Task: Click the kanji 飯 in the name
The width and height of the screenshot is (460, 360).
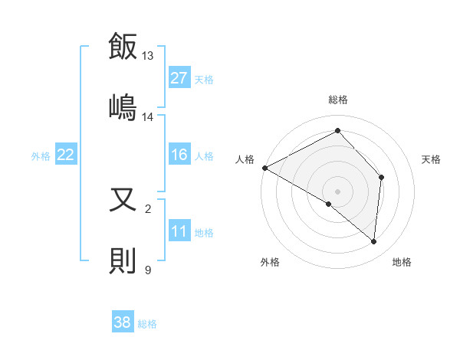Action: [x=123, y=47]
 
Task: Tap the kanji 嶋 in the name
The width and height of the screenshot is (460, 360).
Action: [x=123, y=105]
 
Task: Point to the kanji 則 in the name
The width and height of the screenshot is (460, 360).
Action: [x=123, y=260]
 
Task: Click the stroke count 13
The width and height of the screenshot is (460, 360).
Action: [x=148, y=56]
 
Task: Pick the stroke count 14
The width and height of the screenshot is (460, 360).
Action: [x=148, y=116]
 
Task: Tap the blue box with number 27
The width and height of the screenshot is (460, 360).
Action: [x=179, y=78]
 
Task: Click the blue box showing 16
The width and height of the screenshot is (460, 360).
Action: [x=179, y=155]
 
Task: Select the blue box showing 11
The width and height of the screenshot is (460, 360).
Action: [x=179, y=231]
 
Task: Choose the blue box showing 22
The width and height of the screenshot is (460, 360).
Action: [x=65, y=155]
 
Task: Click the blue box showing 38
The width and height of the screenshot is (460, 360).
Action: [x=122, y=322]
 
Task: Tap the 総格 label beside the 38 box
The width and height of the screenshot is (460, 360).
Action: [x=147, y=324]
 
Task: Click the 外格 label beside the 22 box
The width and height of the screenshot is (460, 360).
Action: [x=41, y=155]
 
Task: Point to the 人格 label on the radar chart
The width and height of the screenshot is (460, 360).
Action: [x=245, y=159]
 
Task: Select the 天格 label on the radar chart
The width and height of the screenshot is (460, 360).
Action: [x=432, y=159]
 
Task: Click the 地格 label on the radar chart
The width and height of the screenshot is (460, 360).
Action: [x=402, y=262]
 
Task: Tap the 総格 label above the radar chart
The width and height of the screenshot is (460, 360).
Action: [x=338, y=100]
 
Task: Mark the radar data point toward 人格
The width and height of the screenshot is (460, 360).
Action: [x=264, y=167]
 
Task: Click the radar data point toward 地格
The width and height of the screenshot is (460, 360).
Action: [x=373, y=241]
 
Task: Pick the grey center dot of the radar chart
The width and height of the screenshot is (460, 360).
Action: [x=337, y=191]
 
